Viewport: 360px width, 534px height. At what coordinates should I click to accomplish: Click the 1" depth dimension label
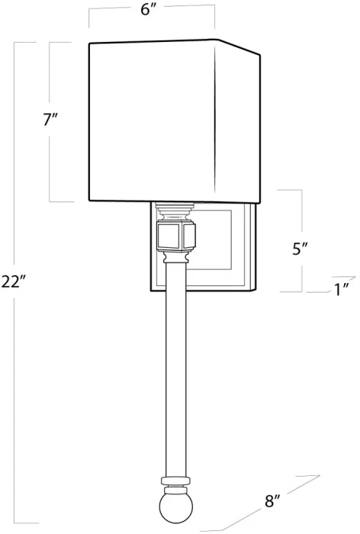(x=342, y=289)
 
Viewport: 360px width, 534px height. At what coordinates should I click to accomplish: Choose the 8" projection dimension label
(x=272, y=501)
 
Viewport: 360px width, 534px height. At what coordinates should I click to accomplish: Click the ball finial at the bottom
(x=176, y=508)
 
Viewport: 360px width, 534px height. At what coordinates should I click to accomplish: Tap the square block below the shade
(x=176, y=236)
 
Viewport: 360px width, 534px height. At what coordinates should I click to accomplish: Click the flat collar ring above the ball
(x=175, y=481)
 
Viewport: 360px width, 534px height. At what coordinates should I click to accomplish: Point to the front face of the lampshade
(x=152, y=121)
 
